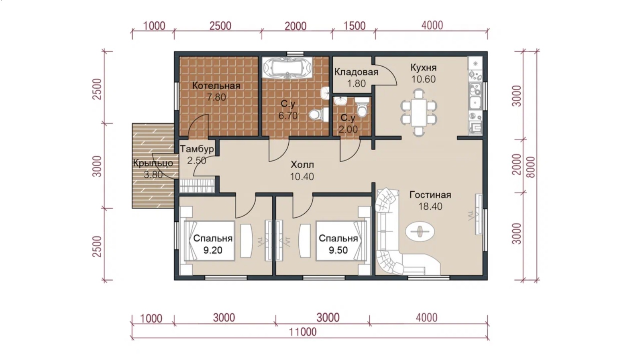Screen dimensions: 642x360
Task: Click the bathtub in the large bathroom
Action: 287,68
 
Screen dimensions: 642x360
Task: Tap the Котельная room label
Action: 216,86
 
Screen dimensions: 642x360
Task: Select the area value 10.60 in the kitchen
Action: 424,79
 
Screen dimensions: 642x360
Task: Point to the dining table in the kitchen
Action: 419,112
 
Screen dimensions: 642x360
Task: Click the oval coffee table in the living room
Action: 420,231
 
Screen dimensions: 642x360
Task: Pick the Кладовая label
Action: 356,72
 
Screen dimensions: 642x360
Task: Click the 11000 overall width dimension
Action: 303,332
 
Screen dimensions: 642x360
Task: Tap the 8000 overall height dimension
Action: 531,167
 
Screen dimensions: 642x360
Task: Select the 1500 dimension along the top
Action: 355,26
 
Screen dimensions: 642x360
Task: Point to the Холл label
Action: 302,165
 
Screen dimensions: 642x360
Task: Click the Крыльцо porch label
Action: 153,163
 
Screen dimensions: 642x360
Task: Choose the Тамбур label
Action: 197,149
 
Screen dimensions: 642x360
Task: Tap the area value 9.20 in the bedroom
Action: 213,250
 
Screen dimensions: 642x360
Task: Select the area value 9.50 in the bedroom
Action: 338,250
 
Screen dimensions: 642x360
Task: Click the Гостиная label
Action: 430,195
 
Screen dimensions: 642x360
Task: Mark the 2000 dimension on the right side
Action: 517,165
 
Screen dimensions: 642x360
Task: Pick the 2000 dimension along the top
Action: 296,26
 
